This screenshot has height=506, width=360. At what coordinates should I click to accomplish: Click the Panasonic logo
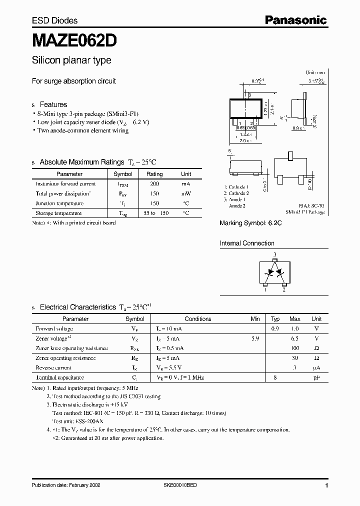point(295,20)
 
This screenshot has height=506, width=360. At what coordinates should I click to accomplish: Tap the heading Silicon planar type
point(71,60)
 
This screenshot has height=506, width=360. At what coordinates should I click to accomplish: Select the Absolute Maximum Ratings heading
point(81,162)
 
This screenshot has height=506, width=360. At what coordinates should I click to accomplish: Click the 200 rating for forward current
point(154,184)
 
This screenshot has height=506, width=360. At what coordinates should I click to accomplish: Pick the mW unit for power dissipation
point(186,193)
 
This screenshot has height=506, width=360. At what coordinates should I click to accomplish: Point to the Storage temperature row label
point(58,213)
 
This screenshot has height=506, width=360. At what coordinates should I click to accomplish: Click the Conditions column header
point(198,318)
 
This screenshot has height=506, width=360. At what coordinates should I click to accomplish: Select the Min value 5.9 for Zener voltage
point(255,338)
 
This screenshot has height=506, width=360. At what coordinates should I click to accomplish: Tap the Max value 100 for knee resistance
point(295,348)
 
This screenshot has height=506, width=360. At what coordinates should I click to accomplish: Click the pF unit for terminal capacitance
point(316,377)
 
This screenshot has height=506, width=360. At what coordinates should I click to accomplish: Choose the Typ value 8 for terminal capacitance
point(275,377)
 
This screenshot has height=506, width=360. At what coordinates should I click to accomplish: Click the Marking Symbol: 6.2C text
point(250,223)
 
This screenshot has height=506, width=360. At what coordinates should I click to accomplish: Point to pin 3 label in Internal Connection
point(274,255)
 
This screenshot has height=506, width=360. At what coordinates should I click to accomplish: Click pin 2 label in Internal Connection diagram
point(284,289)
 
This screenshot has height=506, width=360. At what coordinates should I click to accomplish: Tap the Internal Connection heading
point(247,243)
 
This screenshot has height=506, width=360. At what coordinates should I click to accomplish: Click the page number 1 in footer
point(326,485)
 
